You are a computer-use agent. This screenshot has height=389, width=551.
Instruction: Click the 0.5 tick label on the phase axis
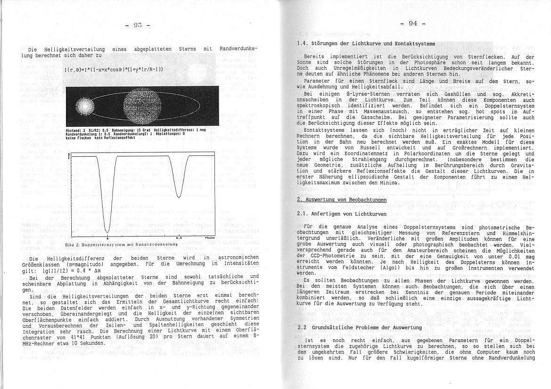[x=179, y=238]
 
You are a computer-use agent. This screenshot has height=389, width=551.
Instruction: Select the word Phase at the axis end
[x=210, y=238]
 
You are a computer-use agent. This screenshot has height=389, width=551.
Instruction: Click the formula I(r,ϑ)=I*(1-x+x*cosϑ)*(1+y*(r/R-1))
[x=114, y=70]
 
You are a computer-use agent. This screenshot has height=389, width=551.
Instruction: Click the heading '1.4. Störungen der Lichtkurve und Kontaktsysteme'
[x=366, y=44]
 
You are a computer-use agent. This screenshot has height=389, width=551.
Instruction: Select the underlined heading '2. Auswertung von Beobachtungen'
[x=342, y=200]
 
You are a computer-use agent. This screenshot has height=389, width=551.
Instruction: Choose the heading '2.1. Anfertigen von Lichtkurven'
[x=336, y=214]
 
